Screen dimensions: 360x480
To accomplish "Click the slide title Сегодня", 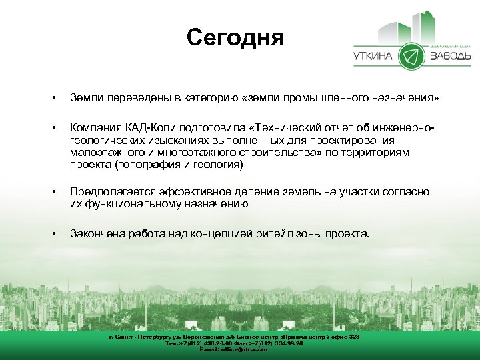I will tap(235, 37).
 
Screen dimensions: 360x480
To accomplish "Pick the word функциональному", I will tap(134, 204).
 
